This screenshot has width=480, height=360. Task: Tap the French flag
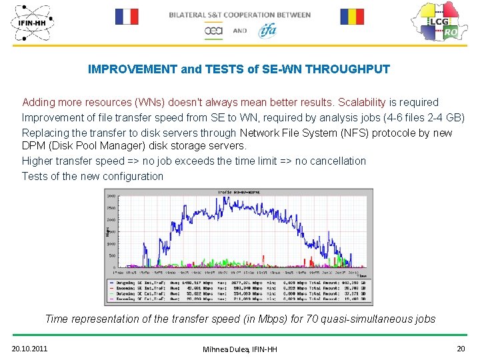click(127, 17)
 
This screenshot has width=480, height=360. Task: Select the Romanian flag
click(352, 17)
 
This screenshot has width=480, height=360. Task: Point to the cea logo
click(213, 31)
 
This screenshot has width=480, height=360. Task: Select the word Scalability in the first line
click(363, 102)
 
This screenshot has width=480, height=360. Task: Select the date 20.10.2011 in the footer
click(29, 348)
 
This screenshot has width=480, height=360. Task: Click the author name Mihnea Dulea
click(224, 349)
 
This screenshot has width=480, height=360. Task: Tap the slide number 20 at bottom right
click(461, 348)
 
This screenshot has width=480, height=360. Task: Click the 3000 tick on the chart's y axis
click(111, 196)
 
